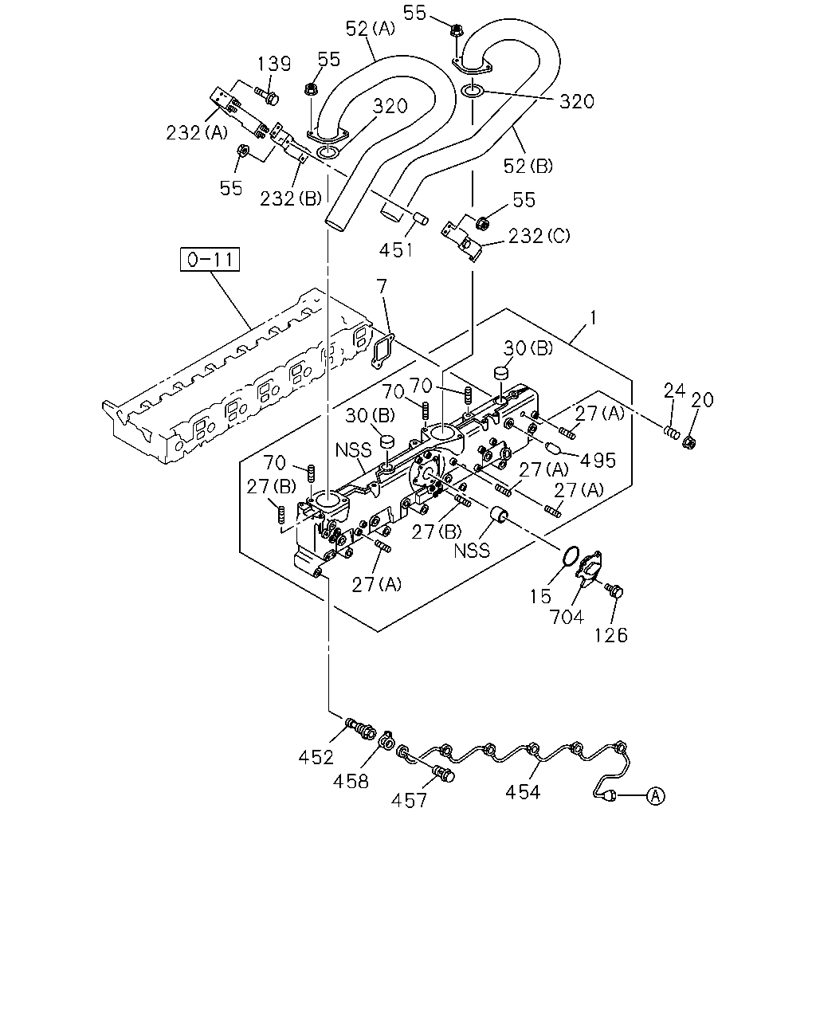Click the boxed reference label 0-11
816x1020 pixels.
pyautogui.click(x=210, y=259)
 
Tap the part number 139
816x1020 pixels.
pyautogui.click(x=274, y=64)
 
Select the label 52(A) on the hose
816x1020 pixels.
pyautogui.click(x=371, y=29)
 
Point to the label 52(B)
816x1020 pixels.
pyautogui.click(x=528, y=166)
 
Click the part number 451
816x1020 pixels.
pyautogui.click(x=396, y=249)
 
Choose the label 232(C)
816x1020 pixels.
pyautogui.click(x=539, y=236)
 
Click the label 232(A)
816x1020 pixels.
pyautogui.click(x=197, y=133)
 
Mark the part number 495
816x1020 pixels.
pyautogui.click(x=598, y=461)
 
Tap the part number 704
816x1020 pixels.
pyautogui.click(x=567, y=617)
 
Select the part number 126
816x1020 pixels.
pyautogui.click(x=611, y=635)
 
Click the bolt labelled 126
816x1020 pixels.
pyautogui.click(x=614, y=590)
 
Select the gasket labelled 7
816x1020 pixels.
pyautogui.click(x=382, y=351)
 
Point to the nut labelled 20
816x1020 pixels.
pyautogui.click(x=689, y=443)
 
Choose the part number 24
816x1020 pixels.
pyautogui.click(x=674, y=390)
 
